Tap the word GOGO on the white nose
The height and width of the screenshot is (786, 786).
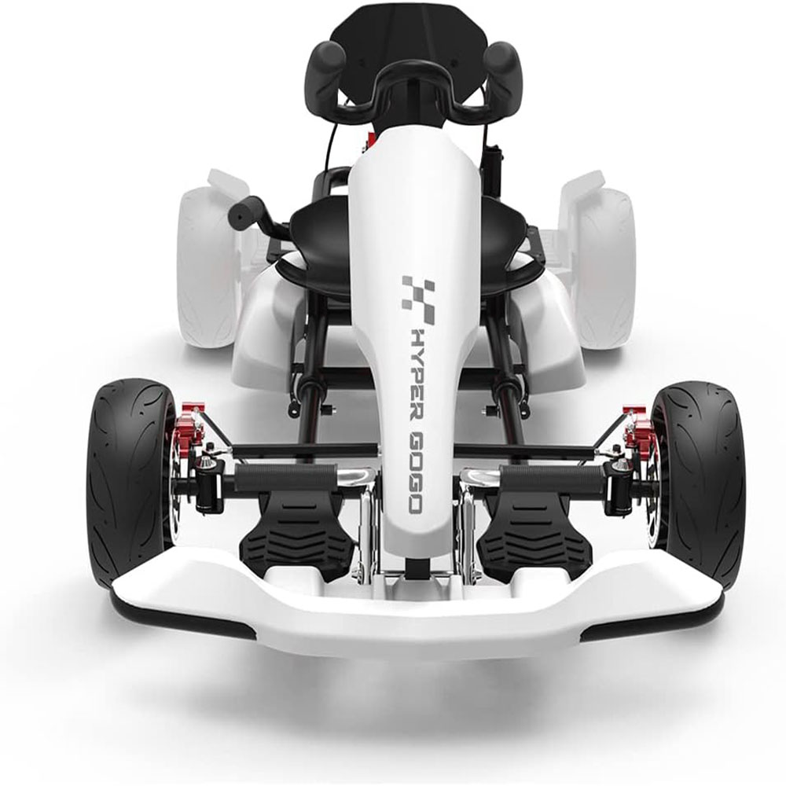pyautogui.click(x=414, y=475)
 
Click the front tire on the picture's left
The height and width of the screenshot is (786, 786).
pyautogui.click(x=126, y=479)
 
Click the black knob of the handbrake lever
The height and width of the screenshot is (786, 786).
pyautogui.click(x=246, y=211)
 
